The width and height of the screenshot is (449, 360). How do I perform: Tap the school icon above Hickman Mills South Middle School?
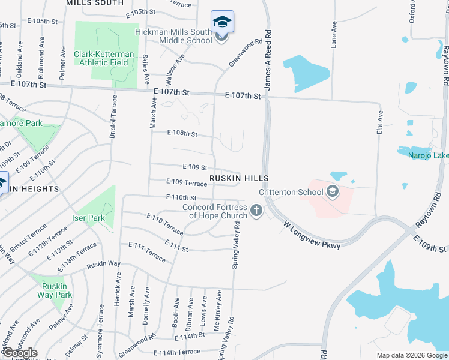pos(223,22)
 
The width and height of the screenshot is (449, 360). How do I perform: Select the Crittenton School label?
pos(290,193)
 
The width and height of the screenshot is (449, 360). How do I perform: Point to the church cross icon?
pos(256,211)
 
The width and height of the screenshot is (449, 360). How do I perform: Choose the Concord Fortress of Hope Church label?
pos(215,212)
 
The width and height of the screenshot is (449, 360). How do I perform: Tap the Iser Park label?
pos(88,218)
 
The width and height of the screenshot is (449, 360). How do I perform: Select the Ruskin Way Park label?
pos(55,290)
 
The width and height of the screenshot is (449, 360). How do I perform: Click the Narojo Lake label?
pos(428,156)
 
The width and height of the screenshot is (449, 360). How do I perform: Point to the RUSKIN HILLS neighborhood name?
pos(238,179)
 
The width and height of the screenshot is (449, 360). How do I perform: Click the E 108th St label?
pos(182,133)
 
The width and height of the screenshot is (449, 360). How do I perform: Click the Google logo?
pos(19,353)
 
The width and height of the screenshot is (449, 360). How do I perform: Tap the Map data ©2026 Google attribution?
pos(411,355)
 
